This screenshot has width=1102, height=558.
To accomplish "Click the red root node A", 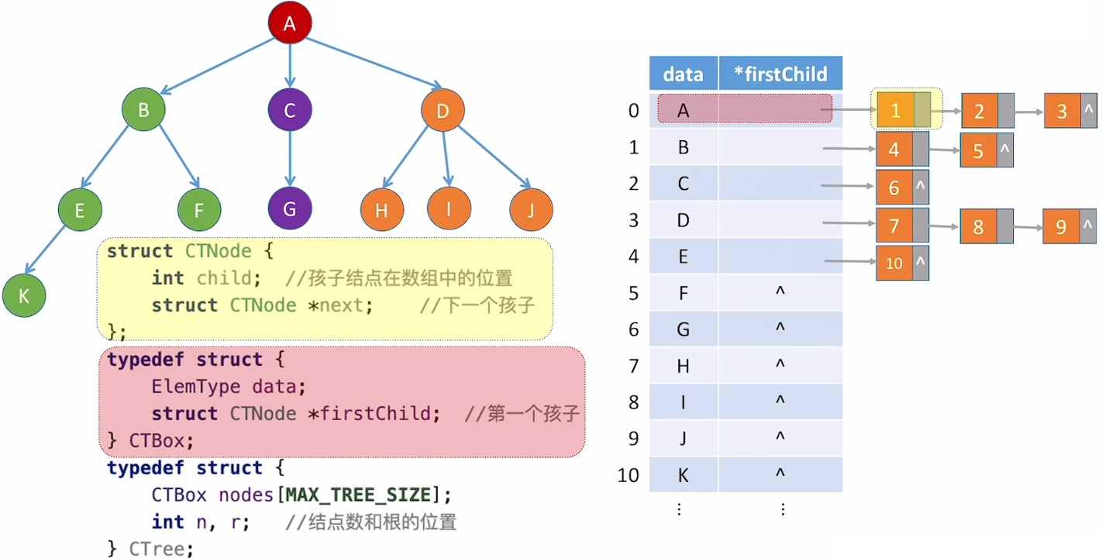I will [x=290, y=24].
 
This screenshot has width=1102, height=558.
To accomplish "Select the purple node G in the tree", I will [x=290, y=209].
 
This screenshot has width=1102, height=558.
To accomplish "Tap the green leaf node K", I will [x=24, y=295].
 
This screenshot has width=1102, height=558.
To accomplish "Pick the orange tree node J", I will [x=532, y=209].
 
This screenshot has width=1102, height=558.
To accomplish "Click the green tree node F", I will [x=200, y=209].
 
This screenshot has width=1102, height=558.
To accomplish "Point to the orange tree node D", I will [x=443, y=111].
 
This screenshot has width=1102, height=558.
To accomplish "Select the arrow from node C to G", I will [x=290, y=159].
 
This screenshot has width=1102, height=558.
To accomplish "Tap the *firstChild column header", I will [x=780, y=74].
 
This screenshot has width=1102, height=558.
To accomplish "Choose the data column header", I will [x=684, y=74].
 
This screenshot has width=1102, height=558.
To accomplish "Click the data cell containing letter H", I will [x=683, y=366].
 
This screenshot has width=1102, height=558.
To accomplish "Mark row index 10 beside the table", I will [x=628, y=475].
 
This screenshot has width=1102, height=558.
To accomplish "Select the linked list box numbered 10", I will [x=894, y=263].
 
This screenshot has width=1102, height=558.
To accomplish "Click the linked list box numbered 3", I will [x=1062, y=112].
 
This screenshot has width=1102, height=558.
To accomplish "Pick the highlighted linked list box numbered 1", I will [x=895, y=110].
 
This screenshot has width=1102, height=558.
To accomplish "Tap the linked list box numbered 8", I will [x=978, y=226].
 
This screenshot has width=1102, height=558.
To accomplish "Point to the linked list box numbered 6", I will [x=894, y=188].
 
